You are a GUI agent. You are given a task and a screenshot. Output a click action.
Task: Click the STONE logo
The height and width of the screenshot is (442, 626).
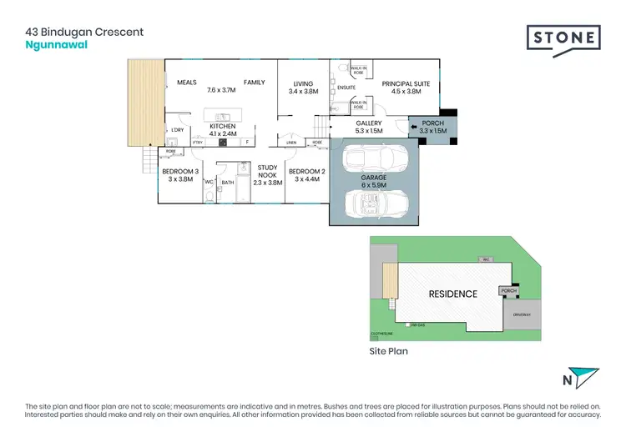(x=563, y=38)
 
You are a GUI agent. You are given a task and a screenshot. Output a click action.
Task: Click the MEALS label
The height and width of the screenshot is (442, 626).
(x=186, y=83)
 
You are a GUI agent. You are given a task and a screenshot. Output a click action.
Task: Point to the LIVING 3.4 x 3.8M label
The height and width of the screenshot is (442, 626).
(x=303, y=87)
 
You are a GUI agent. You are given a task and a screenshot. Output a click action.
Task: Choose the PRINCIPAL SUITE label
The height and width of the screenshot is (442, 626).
(x=404, y=88)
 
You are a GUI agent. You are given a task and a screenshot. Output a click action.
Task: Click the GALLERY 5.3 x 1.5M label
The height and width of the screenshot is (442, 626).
(x=368, y=127)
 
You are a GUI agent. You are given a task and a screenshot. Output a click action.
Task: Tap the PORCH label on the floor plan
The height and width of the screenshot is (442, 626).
(x=433, y=127)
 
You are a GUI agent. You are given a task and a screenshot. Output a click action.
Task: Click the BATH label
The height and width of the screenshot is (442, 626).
(x=227, y=182)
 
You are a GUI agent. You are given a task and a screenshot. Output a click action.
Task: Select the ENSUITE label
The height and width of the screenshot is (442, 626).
(x=346, y=87)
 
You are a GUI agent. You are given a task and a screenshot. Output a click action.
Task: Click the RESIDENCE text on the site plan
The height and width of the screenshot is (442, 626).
(x=453, y=294)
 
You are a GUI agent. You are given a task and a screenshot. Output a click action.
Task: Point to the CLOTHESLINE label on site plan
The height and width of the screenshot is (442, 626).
(x=381, y=336)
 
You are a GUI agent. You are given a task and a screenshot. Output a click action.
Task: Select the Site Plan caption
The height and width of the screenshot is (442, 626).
(x=388, y=352)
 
